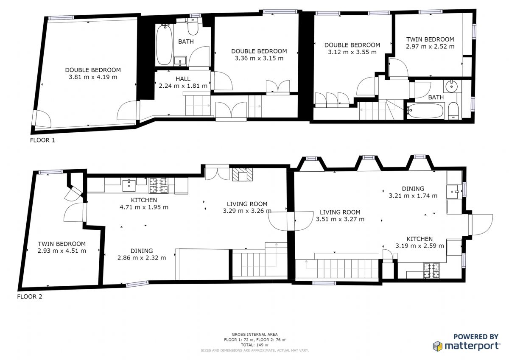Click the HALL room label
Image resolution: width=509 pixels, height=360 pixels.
(x=183, y=79)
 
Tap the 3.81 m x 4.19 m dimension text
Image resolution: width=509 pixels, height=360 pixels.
(x=93, y=77)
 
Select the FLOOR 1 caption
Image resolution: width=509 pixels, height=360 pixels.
(x=42, y=140)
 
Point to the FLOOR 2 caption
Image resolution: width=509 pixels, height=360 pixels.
(x=30, y=297)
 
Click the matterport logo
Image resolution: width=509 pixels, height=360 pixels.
(x=467, y=346)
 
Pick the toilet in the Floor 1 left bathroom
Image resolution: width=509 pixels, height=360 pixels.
(x=193, y=27)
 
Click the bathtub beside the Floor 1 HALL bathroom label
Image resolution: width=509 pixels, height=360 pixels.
(x=165, y=45)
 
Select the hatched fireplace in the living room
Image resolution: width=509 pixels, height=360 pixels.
(x=243, y=174)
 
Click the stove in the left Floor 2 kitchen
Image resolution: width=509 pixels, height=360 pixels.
(x=159, y=186)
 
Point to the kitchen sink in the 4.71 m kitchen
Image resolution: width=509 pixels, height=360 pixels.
(x=129, y=186)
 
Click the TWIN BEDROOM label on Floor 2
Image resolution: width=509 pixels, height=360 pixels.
(x=62, y=244)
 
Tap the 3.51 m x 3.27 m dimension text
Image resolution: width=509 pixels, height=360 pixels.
(x=340, y=219)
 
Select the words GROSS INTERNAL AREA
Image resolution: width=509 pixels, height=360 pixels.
(x=255, y=334)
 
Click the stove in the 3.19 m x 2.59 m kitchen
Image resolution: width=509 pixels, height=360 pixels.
(x=431, y=270)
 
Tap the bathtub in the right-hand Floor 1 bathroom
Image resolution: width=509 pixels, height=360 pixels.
(x=425, y=111)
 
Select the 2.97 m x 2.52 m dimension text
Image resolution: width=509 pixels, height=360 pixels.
(x=430, y=47)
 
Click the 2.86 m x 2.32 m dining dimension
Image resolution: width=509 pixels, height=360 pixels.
(x=142, y=258)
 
